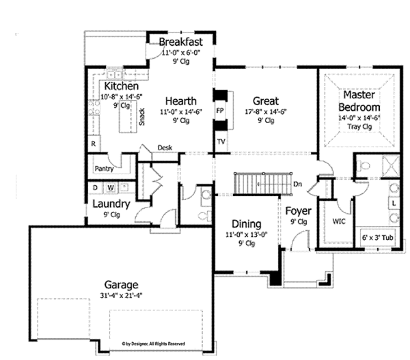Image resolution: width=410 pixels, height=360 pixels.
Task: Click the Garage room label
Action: [x=122, y=285]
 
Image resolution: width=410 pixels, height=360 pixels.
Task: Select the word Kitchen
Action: [x=122, y=87]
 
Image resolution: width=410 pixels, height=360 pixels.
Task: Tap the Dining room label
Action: [x=247, y=223]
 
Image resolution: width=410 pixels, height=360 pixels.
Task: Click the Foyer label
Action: [x=298, y=210]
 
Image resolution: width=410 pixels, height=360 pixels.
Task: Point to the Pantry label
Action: [x=103, y=166]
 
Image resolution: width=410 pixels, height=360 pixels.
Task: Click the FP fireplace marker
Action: [x=220, y=109]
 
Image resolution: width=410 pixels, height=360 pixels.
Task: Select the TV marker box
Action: [x=221, y=141]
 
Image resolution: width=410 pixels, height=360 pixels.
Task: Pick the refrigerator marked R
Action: [x=93, y=144]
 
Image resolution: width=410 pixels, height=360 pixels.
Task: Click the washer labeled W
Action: [x=109, y=186]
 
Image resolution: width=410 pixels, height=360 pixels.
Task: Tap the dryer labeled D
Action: [x=95, y=186]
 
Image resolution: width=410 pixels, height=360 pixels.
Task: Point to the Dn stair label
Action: [x=298, y=184]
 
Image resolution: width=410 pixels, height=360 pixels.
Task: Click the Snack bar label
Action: [x=141, y=117]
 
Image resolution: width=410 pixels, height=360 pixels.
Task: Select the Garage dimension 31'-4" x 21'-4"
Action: [x=122, y=296]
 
